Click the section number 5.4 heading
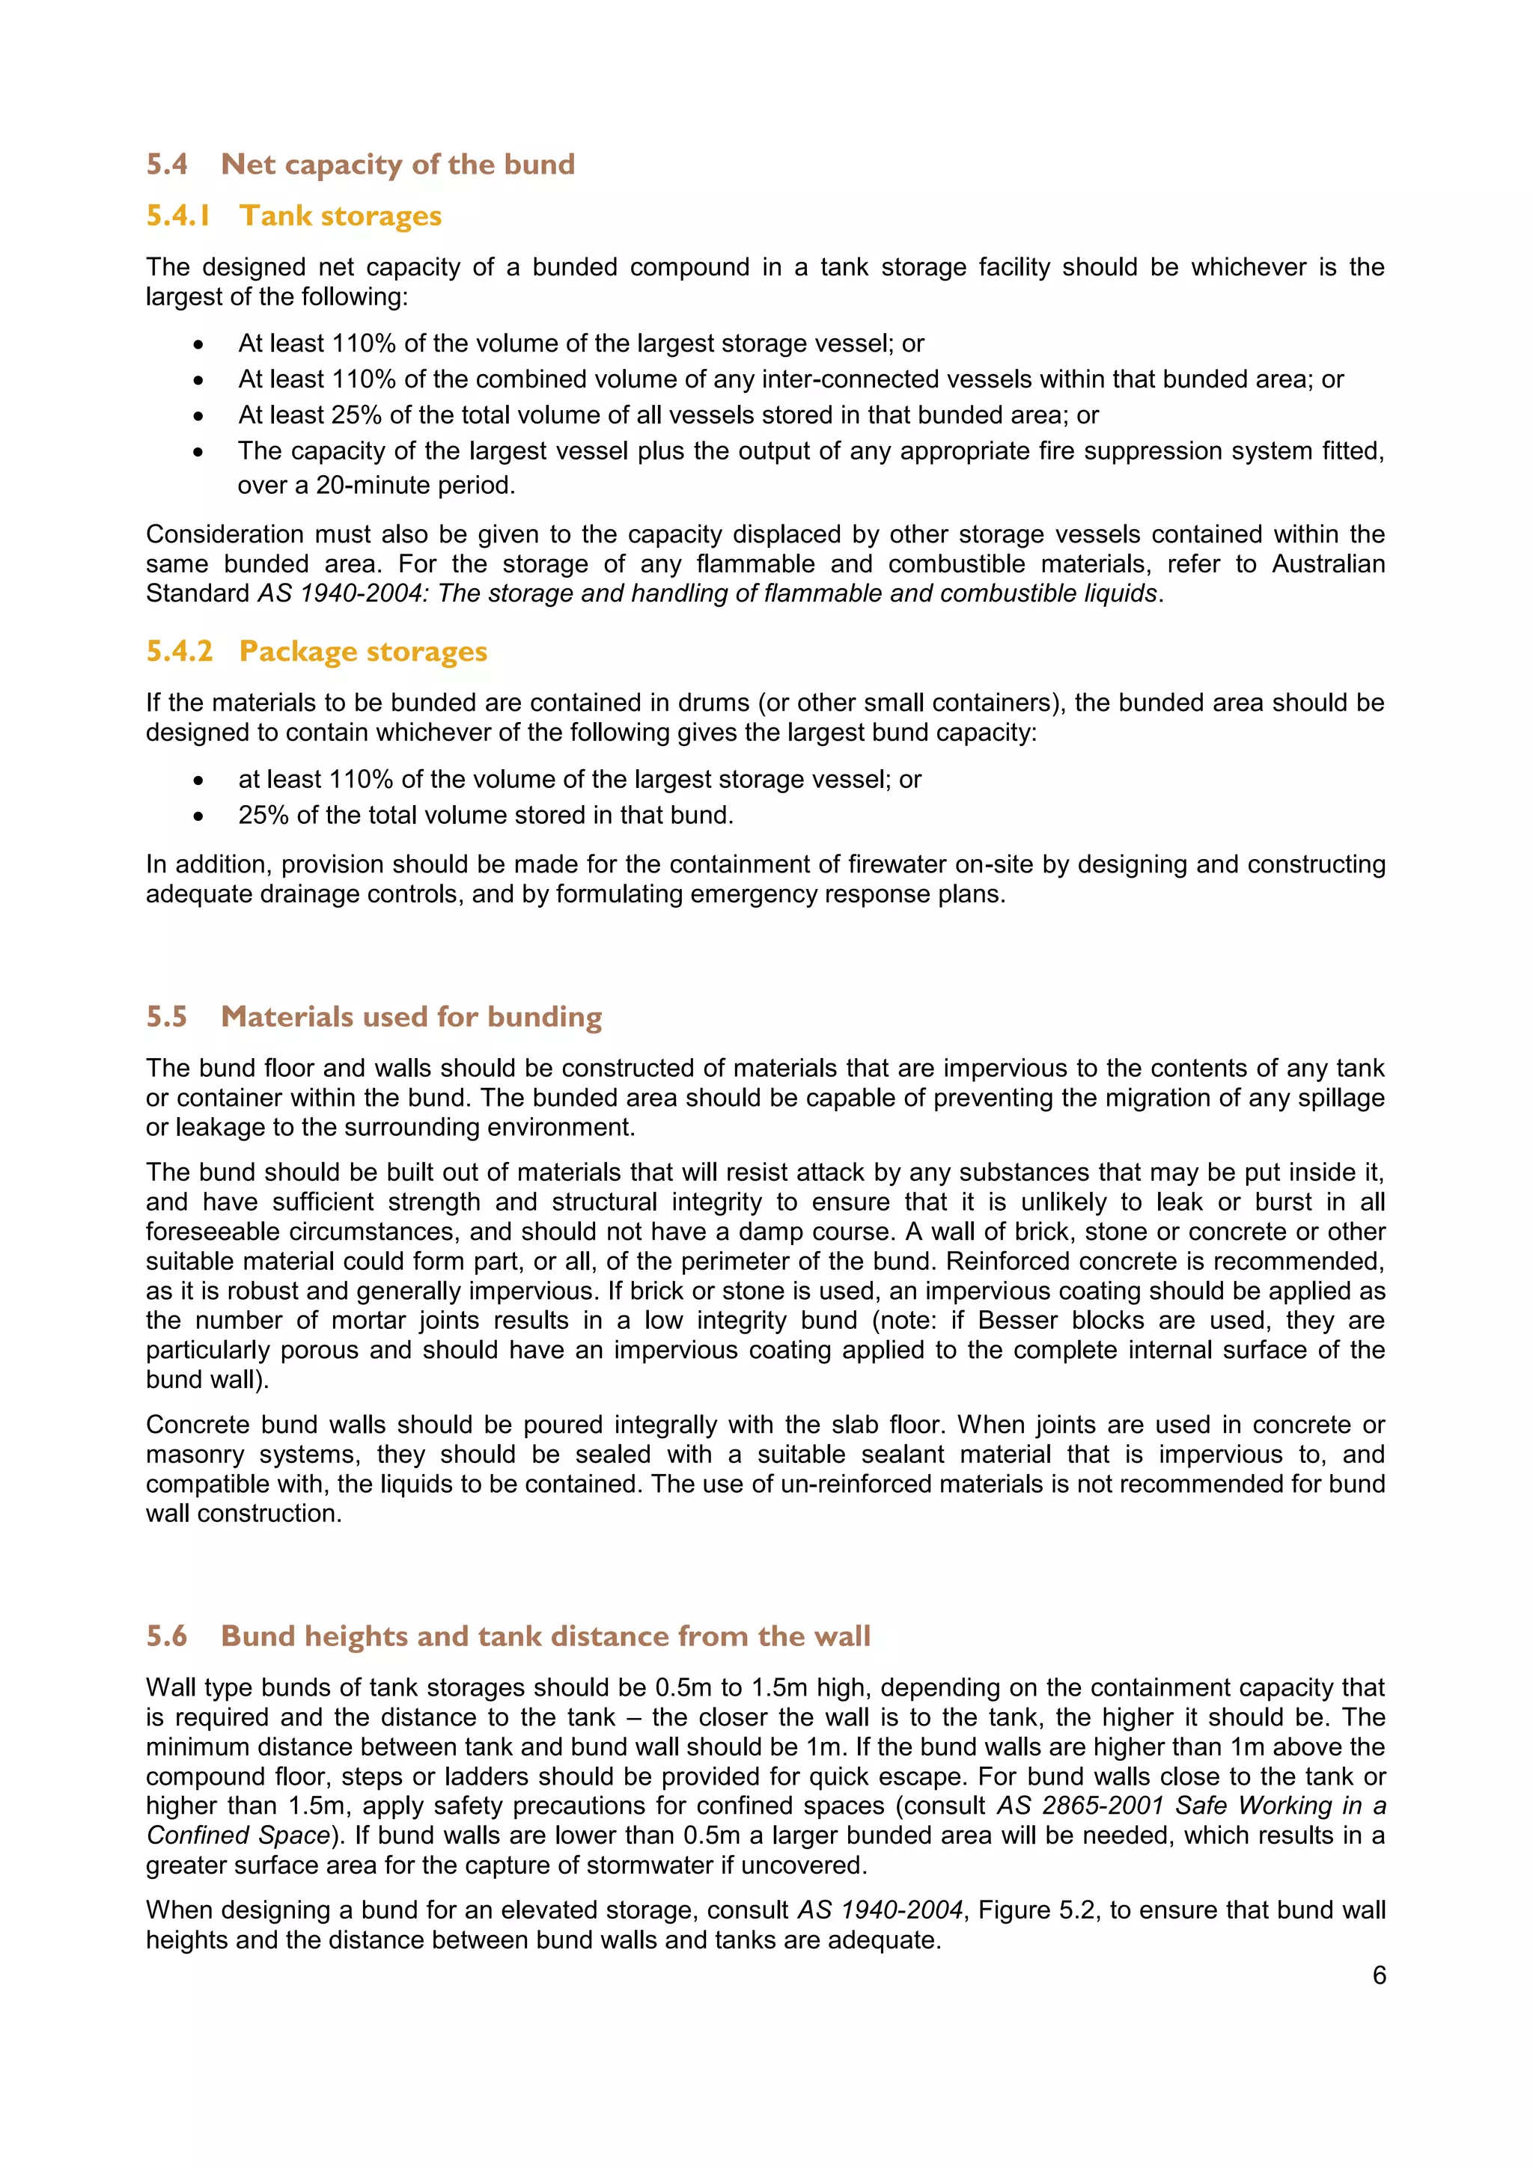(166, 165)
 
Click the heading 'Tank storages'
(340, 216)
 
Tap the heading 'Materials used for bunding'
(411, 1018)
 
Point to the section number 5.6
(166, 1636)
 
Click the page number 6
(1378, 1975)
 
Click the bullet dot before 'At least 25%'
(198, 416)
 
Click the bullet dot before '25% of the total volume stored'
(198, 816)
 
